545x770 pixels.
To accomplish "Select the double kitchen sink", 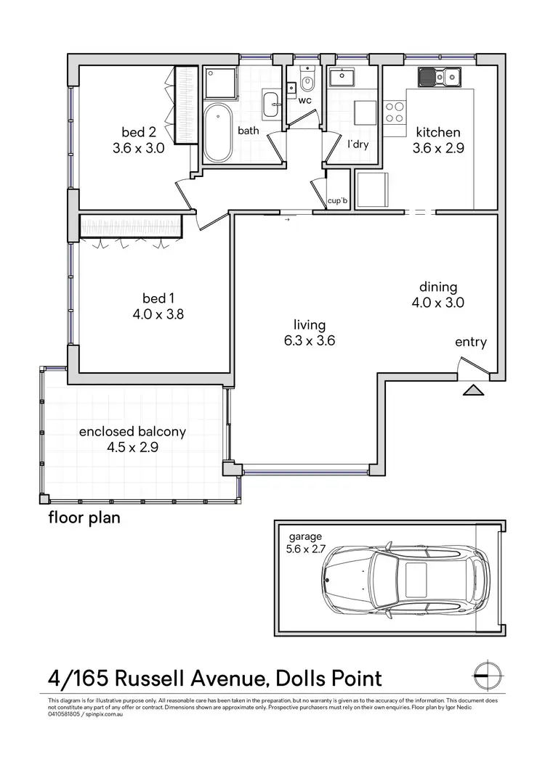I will pyautogui.click(x=438, y=75).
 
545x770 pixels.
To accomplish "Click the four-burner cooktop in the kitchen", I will pyautogui.click(x=395, y=112).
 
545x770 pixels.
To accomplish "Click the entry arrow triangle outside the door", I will pyautogui.click(x=473, y=390).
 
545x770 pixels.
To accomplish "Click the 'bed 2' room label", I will pyautogui.click(x=139, y=132).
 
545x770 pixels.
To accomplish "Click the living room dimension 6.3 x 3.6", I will pyautogui.click(x=310, y=340).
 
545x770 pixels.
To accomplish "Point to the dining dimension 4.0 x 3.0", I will pyautogui.click(x=437, y=303).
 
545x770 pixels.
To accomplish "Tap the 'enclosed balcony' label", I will pyautogui.click(x=132, y=431).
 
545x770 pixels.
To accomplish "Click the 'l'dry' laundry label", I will pyautogui.click(x=358, y=144).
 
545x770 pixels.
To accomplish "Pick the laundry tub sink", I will pyautogui.click(x=340, y=78).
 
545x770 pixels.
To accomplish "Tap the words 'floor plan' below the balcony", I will pyautogui.click(x=84, y=517).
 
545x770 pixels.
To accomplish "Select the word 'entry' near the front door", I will pyautogui.click(x=471, y=343).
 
